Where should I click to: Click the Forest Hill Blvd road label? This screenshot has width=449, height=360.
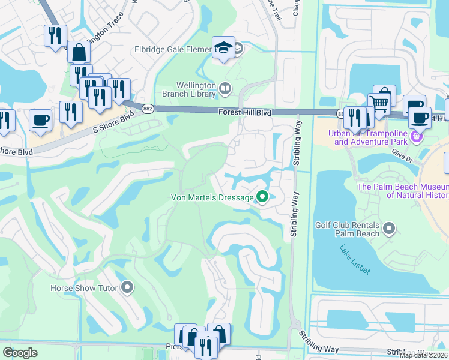click(245, 112)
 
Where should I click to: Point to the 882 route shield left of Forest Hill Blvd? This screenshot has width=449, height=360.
click(148, 108)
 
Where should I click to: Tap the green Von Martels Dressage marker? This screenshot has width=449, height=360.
click(262, 196)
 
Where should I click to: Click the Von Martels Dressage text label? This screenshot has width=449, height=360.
click(212, 197)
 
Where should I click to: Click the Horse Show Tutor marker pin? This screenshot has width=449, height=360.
click(127, 288)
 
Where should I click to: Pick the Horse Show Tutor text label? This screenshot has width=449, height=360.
click(86, 288)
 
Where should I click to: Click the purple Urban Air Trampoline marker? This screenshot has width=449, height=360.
click(415, 137)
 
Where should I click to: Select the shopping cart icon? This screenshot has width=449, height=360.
click(379, 103)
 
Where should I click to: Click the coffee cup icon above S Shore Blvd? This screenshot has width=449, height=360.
click(40, 119)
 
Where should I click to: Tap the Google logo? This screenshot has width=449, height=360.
click(20, 353)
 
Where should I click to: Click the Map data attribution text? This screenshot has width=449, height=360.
click(423, 355)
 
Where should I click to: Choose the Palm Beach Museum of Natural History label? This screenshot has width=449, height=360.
click(403, 191)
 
